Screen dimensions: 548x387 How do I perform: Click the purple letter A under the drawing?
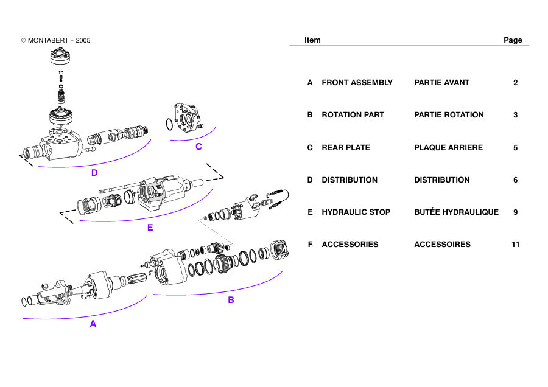pyautogui.click(x=93, y=324)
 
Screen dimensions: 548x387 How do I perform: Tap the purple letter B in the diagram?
pyautogui.click(x=231, y=299)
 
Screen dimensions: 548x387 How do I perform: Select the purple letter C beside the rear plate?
pyautogui.click(x=198, y=147)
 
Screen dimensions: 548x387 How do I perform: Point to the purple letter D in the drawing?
pyautogui.click(x=94, y=173)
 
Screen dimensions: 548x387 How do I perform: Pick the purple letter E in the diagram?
pyautogui.click(x=150, y=228)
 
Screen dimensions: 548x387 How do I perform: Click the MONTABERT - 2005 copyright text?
pyautogui.click(x=55, y=41)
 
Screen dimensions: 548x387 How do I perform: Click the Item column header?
pyautogui.click(x=312, y=40)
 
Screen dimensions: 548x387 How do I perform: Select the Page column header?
pyautogui.click(x=513, y=40)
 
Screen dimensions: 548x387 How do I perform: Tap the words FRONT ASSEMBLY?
pyautogui.click(x=357, y=83)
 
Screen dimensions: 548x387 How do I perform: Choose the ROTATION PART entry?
pyautogui.click(x=353, y=115)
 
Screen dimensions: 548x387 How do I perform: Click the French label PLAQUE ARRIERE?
pyautogui.click(x=448, y=148)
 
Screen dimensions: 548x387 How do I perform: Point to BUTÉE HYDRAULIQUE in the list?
pyautogui.click(x=456, y=212)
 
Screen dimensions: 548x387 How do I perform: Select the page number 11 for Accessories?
pyautogui.click(x=516, y=245)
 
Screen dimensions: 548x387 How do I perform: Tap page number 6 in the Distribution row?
pyautogui.click(x=516, y=180)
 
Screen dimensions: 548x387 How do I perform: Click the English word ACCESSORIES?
pyautogui.click(x=350, y=245)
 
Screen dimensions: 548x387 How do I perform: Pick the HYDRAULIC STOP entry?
pyautogui.click(x=356, y=212)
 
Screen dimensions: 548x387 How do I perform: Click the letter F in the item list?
pyautogui.click(x=310, y=245)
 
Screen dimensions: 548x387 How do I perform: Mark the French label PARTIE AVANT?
pyautogui.click(x=442, y=83)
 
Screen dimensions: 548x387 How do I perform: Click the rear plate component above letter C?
pyautogui.click(x=188, y=118)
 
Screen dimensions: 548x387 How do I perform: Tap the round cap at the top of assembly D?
pyautogui.click(x=60, y=56)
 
